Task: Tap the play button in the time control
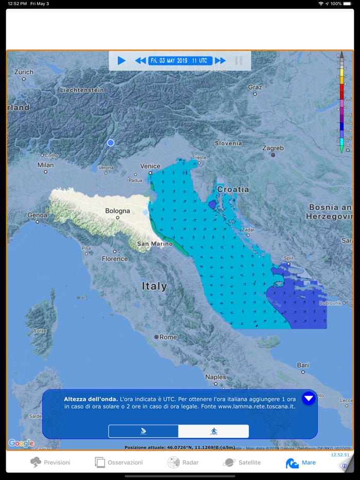pos(121,61)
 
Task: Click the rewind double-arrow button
pos(140,61)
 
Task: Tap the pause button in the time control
pos(239,61)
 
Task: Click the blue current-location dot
pos(111,143)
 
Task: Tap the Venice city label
pos(150,166)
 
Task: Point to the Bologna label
pos(118,211)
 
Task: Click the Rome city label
pos(168,337)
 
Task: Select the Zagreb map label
pos(273,148)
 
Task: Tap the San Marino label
pos(154,244)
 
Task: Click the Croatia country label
pos(233,189)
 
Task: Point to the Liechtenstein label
pos(82,90)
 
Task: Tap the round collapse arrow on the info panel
pos(309,398)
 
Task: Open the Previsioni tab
pos(50,463)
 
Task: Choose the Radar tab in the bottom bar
pos(183,463)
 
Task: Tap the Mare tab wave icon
pos(292,463)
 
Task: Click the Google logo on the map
pos(21,443)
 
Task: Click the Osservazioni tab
pos(119,463)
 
